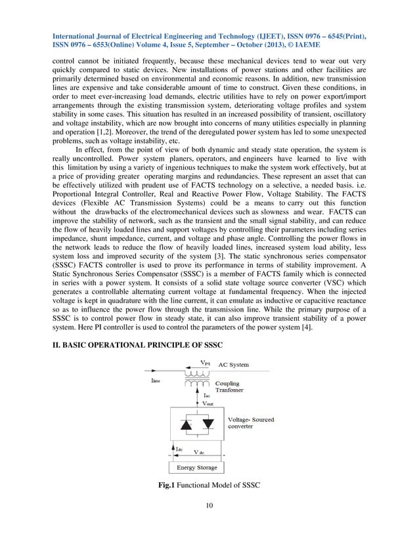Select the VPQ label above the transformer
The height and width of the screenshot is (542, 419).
tap(205, 361)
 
